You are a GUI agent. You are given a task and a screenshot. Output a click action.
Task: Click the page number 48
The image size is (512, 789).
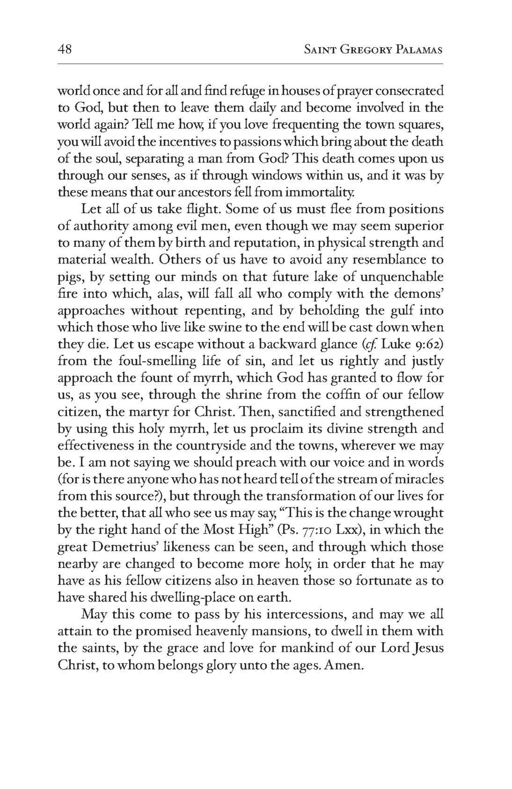point(64,49)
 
